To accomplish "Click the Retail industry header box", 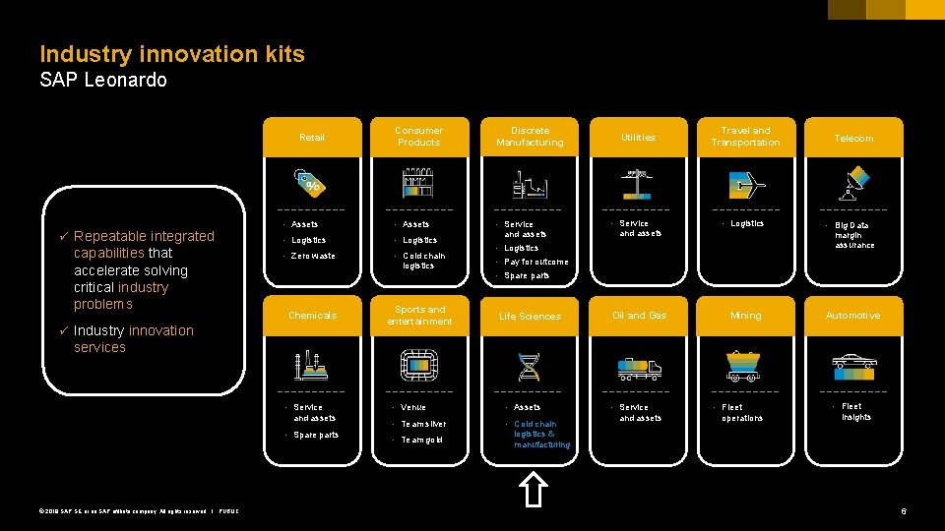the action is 311,138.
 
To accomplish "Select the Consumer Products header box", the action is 419,137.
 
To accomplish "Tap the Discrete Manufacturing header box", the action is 530,137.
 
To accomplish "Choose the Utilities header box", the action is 638,138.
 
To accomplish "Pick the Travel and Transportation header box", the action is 745,137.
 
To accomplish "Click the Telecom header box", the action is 853,138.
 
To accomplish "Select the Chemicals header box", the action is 312,316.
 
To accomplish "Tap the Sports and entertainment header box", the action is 419,316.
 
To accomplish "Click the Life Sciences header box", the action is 530,316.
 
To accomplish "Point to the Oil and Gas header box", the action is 639,316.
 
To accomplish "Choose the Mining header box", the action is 745,316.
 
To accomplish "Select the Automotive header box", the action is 853,316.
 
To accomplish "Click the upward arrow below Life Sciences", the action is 532,489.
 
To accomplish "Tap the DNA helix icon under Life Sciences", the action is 530,366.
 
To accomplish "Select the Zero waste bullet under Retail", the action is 313,256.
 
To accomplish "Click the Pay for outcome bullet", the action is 536,262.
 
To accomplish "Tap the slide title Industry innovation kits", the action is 172,54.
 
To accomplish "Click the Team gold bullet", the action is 421,440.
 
